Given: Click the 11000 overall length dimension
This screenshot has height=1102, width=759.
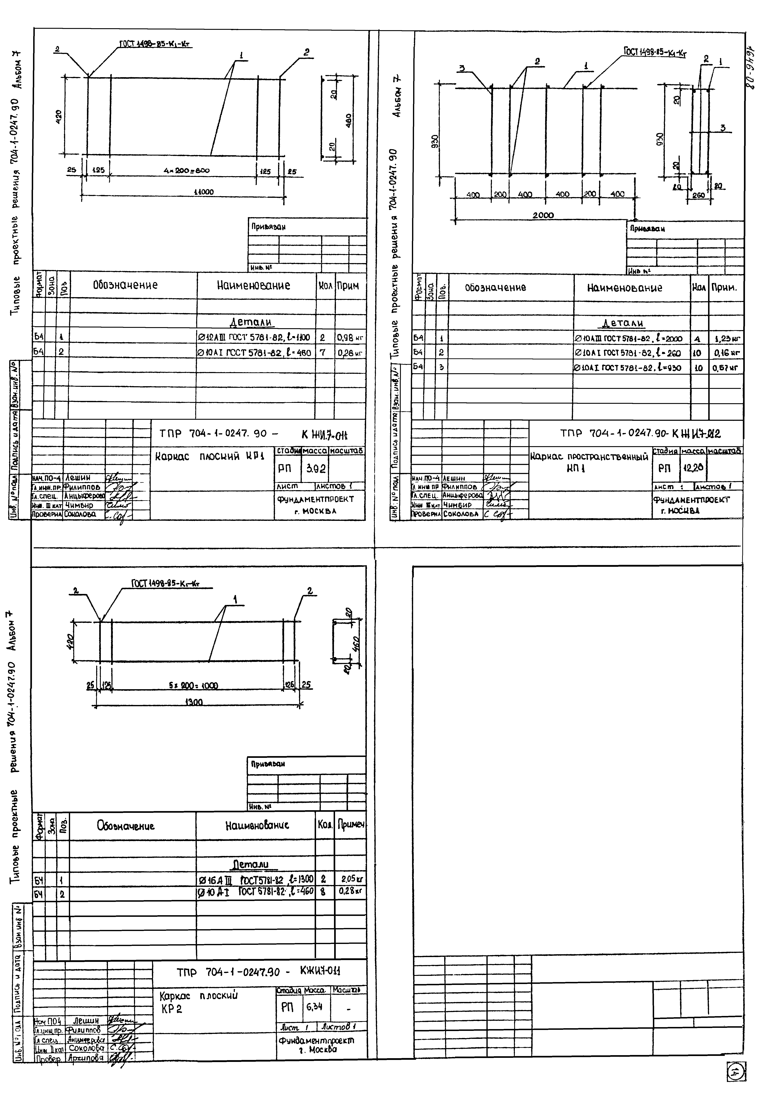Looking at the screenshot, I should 204,192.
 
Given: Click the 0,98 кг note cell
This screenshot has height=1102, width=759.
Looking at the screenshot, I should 350,338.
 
